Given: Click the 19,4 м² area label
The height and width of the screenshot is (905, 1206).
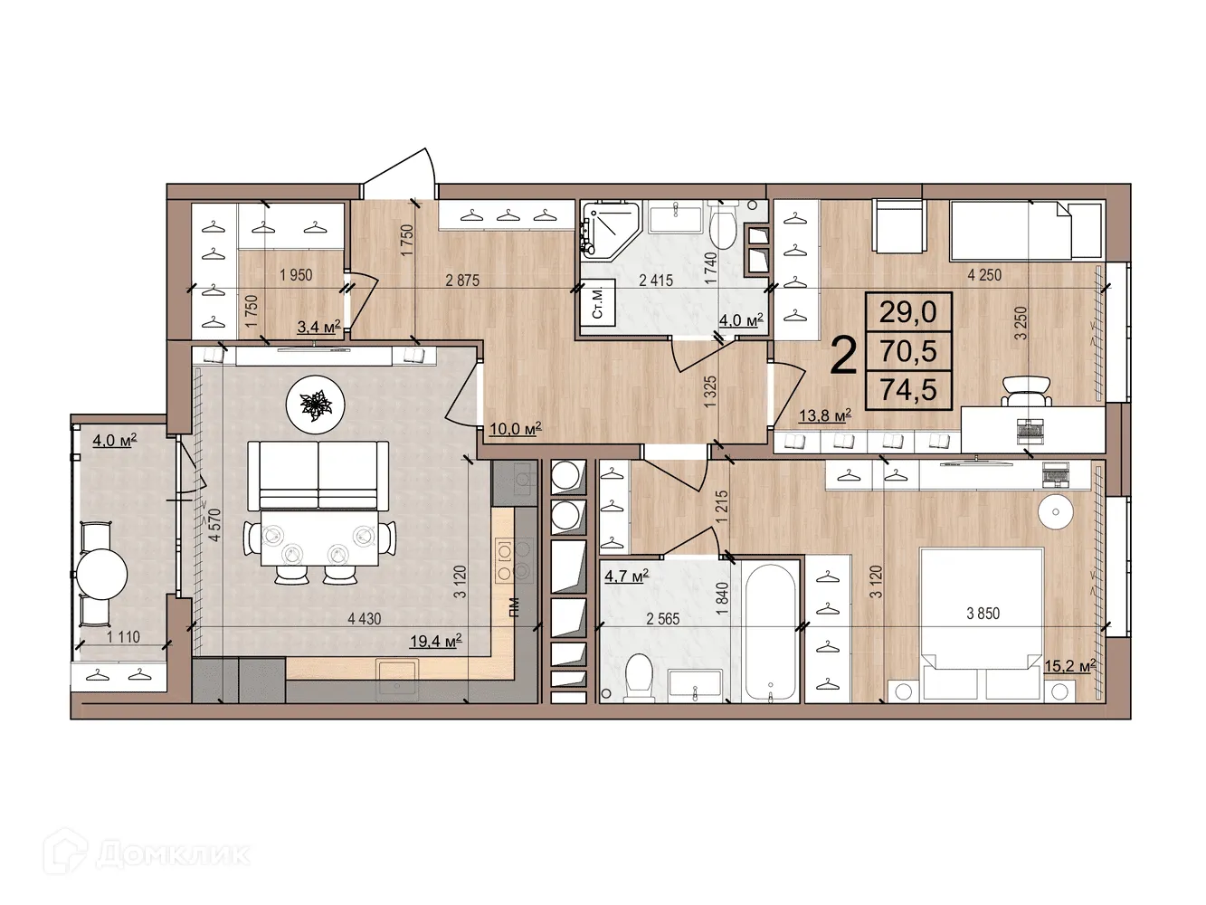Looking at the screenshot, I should pos(435,642).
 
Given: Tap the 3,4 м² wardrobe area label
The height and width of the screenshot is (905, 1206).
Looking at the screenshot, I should pos(318,327).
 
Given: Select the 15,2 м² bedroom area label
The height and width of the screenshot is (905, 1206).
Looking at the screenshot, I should pos(1069,666).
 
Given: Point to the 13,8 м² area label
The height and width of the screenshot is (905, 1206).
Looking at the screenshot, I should pos(824,415).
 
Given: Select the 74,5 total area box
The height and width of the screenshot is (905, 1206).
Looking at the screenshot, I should pos(907,391).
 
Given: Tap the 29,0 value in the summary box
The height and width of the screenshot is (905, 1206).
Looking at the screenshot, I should pos(907,312).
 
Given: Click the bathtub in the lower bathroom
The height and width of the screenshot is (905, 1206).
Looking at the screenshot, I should pos(770,629).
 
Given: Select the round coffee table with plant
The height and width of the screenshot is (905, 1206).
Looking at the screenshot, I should pos(316,405).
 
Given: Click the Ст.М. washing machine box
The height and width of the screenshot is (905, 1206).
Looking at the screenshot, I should pos(599,301).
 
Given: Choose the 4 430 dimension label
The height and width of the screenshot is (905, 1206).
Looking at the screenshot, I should pos(364,619).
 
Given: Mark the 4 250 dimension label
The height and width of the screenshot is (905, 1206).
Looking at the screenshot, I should pos(984,275).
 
